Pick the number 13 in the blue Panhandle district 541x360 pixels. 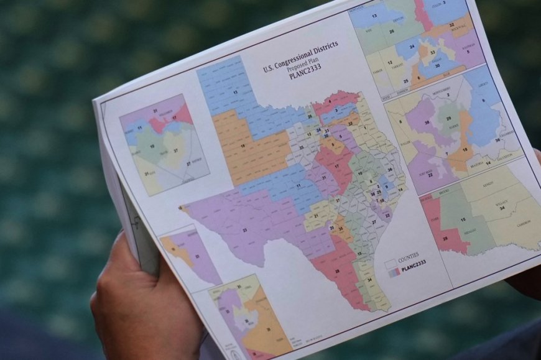click(234, 92)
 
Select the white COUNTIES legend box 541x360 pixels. click(391, 264)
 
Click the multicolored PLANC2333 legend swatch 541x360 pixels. click(392, 271)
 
